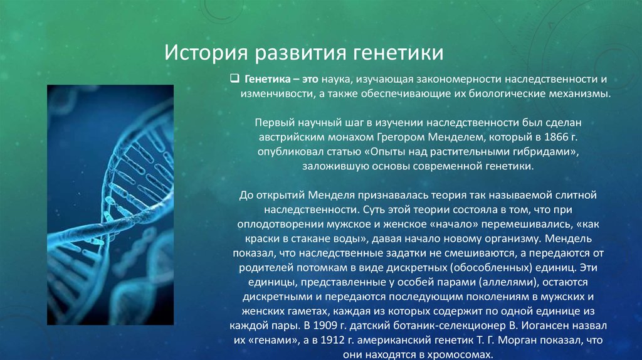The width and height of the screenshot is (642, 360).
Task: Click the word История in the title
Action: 206,53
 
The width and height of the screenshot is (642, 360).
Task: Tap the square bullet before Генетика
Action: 234,78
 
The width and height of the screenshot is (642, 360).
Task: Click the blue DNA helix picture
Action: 110,205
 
